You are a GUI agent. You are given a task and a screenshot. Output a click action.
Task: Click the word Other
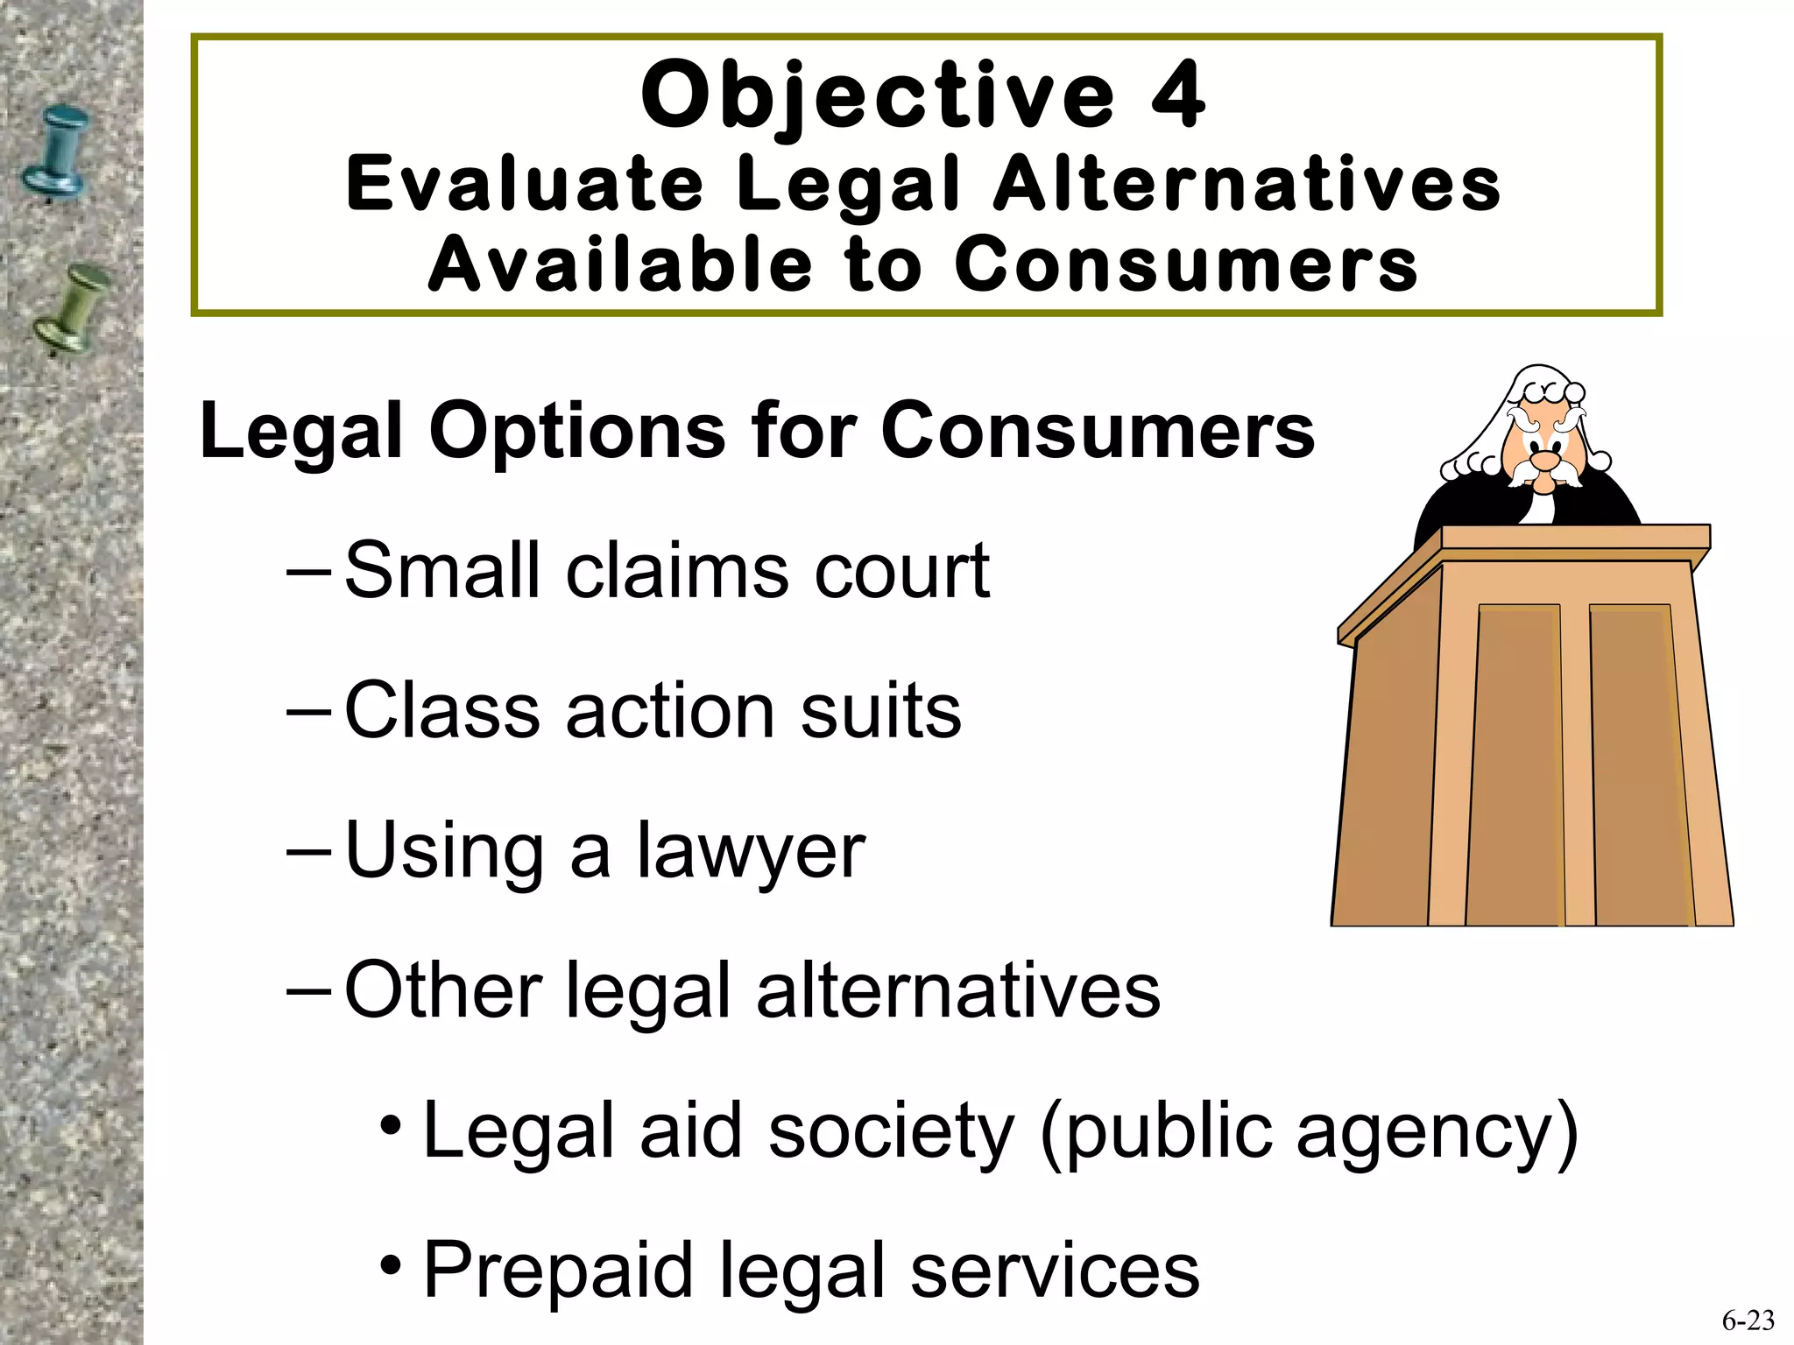coord(443,990)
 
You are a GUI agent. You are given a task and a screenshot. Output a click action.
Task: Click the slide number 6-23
coord(1748,1320)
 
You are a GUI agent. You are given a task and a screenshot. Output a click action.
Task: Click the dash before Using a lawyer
coord(308,851)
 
